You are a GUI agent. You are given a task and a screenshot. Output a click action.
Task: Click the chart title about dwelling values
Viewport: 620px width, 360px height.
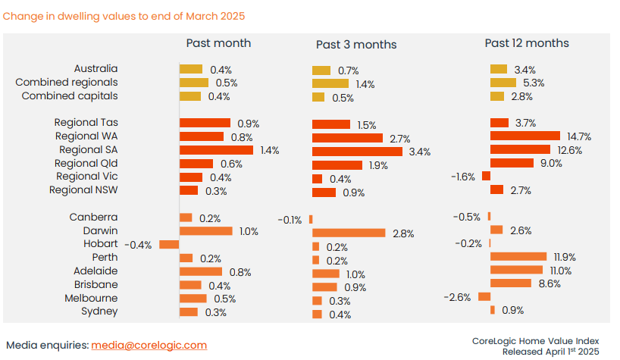[x=124, y=15]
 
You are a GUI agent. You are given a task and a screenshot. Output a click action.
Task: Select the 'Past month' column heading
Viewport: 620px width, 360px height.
[x=218, y=43]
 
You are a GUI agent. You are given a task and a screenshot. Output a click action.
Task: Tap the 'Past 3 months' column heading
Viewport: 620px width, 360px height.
[x=356, y=45]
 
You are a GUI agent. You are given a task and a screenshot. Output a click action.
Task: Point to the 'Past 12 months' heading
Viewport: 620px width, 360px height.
[x=527, y=43]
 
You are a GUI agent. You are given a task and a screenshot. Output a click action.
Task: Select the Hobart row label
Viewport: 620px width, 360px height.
[x=100, y=244]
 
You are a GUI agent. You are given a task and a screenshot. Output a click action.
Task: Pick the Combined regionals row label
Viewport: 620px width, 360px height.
[x=67, y=83]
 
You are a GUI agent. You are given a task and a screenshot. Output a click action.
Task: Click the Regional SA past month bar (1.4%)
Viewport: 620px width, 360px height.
[x=217, y=150]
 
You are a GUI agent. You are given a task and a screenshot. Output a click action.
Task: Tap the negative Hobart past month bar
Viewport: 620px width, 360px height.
[x=169, y=245]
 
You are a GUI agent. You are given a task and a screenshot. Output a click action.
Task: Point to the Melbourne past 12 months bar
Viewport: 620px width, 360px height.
[x=484, y=296]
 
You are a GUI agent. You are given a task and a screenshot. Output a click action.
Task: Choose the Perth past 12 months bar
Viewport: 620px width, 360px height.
[x=518, y=256]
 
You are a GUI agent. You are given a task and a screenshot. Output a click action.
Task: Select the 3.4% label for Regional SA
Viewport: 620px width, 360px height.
[x=419, y=152]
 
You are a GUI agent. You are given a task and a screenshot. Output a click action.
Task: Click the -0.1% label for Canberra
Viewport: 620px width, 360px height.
[x=290, y=220]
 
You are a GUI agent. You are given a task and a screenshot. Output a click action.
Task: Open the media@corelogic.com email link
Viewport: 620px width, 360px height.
[x=149, y=345]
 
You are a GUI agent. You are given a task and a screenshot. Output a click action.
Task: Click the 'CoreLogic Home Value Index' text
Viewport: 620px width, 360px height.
[x=535, y=341]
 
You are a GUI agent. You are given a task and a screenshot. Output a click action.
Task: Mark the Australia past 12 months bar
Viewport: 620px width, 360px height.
[x=499, y=69]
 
